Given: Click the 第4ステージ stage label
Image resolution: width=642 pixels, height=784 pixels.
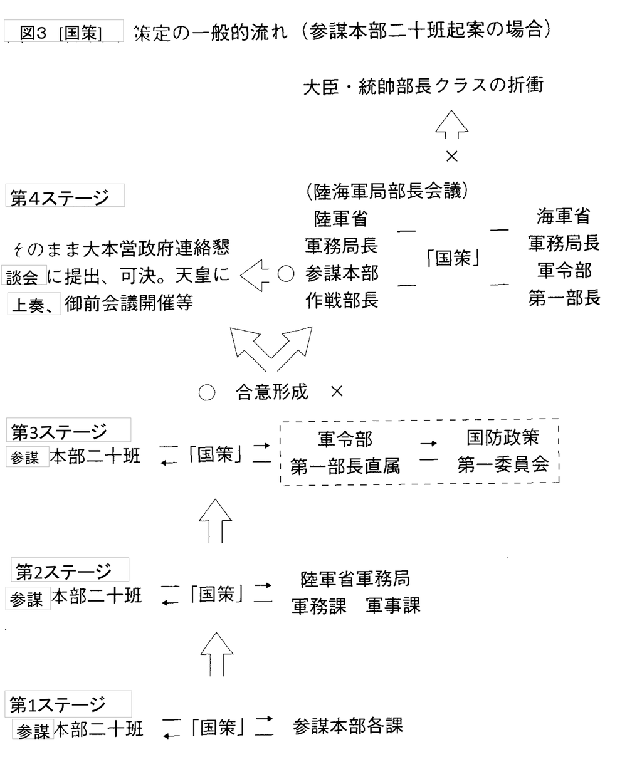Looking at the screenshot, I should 60,197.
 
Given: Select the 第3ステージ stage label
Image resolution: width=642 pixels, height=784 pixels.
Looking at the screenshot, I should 60,431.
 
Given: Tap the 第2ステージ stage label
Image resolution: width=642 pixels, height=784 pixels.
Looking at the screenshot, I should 63,571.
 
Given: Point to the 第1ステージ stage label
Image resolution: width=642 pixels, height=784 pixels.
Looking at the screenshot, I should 58,704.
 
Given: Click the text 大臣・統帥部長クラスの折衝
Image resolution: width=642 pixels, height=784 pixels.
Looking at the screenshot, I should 423,85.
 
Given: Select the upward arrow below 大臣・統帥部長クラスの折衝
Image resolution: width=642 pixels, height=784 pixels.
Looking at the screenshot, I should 451,124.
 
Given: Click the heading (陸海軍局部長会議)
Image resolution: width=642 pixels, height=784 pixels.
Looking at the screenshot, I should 384,191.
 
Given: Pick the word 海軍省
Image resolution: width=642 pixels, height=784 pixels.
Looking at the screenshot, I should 563,216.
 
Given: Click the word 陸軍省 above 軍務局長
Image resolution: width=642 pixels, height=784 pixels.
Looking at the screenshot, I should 341,219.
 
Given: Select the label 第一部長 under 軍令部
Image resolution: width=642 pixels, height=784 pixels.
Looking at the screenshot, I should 564,298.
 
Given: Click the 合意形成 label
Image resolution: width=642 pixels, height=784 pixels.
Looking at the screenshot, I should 271,392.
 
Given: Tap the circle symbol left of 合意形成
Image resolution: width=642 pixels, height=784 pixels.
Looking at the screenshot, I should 206,392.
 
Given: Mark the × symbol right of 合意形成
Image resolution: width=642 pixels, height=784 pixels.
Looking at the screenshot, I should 337,392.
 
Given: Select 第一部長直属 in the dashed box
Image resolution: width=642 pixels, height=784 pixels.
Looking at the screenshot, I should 345,466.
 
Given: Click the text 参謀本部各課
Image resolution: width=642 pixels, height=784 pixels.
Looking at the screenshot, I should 347,726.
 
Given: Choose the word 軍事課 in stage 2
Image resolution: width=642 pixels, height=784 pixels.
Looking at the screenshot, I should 393,606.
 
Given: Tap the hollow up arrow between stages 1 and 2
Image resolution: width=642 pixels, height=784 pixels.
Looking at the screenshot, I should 217,654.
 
